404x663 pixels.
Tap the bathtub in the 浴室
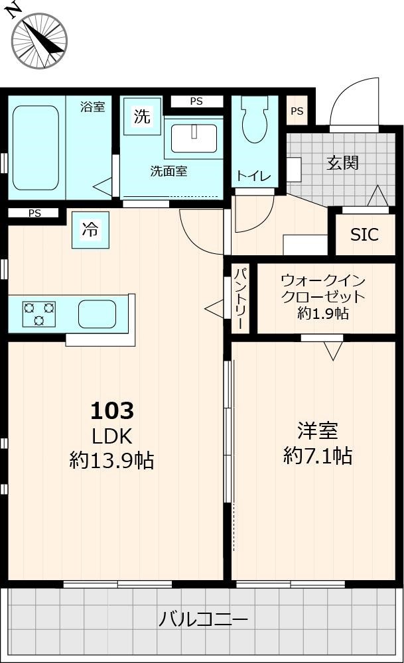coord(36,147)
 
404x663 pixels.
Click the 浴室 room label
coord(92,107)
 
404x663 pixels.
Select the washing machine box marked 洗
coord(142,117)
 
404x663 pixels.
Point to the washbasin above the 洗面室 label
coord(194,139)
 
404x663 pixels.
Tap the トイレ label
coord(254,176)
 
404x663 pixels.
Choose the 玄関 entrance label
coord(342,162)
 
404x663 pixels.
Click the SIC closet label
coord(364,235)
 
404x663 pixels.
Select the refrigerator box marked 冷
coord(90,230)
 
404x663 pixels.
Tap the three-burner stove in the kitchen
coord(39,314)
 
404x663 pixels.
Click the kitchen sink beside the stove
coord(97,314)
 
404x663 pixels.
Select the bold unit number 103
coord(112,411)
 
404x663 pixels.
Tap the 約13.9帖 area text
coord(112,459)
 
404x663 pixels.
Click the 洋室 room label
coord(317,430)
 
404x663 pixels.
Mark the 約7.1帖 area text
coord(317,455)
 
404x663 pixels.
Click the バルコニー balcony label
coord(203,620)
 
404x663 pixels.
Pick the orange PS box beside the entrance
coord(297,111)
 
